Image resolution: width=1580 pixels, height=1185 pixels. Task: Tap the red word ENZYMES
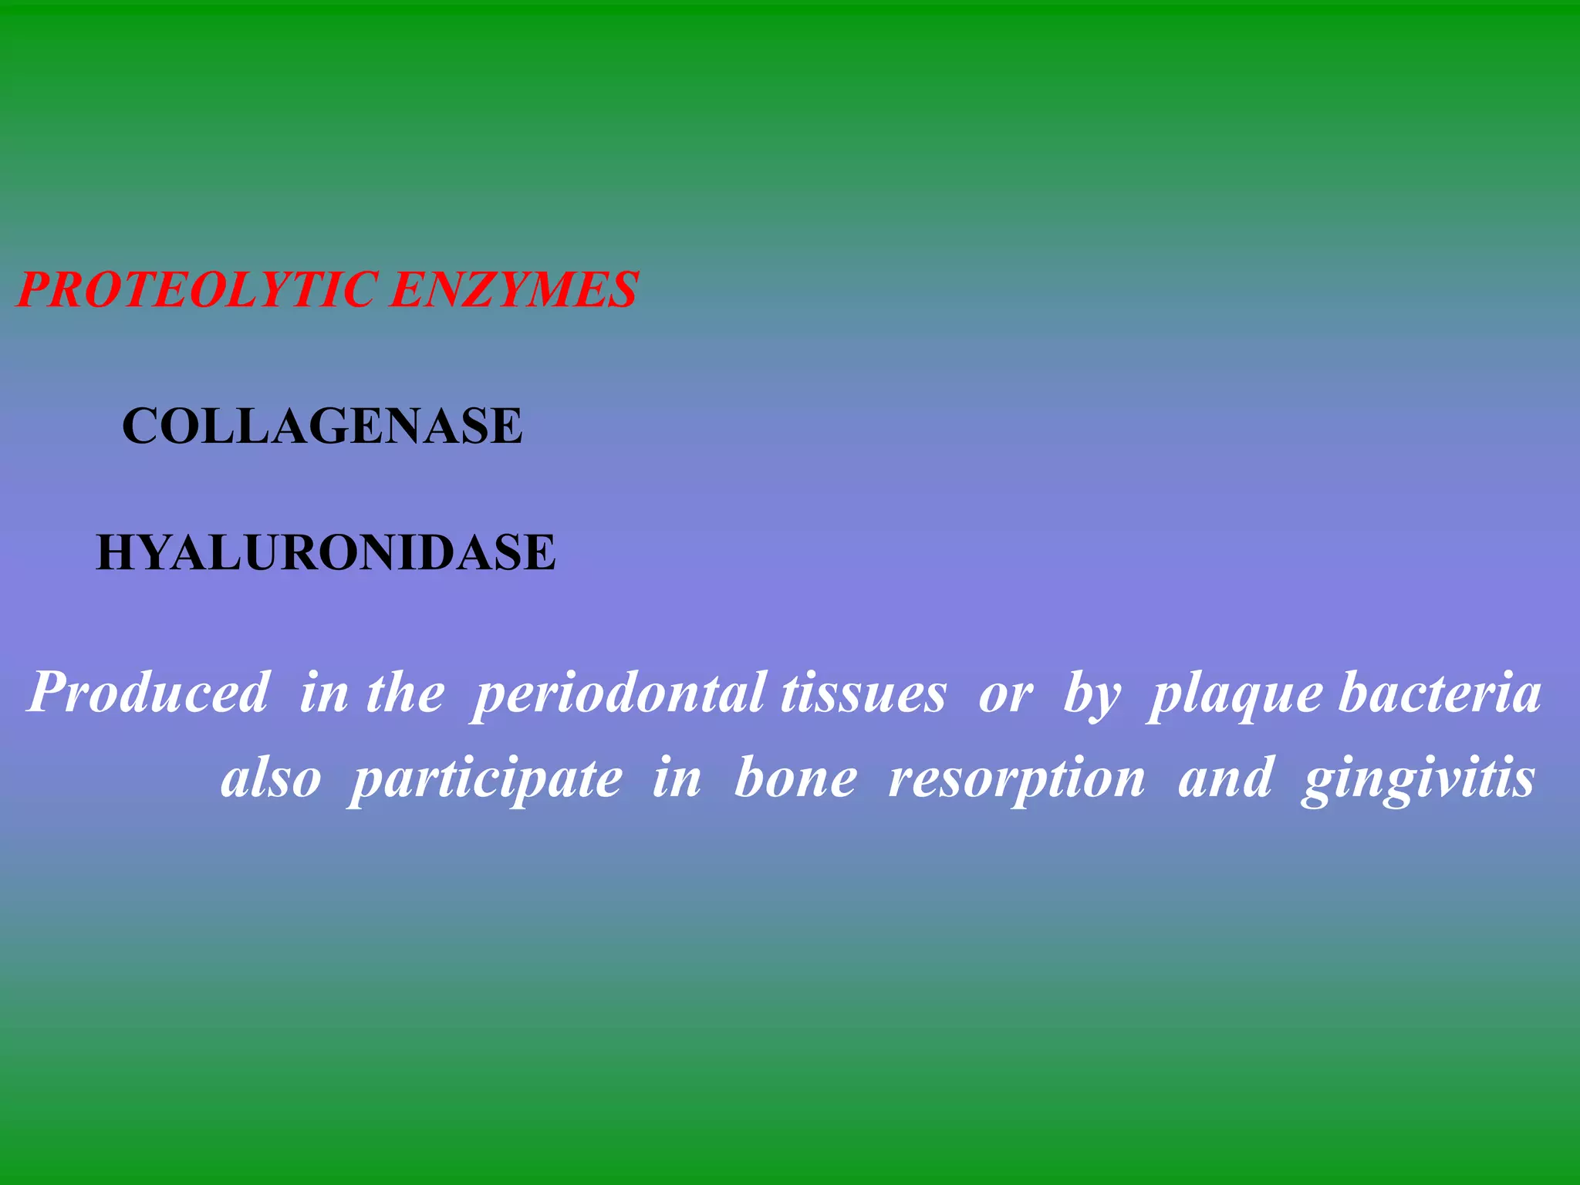click(x=513, y=290)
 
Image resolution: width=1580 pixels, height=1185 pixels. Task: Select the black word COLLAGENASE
click(x=322, y=426)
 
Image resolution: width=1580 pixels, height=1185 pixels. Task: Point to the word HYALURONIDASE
click(x=326, y=552)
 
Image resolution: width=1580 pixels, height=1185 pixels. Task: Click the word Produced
click(x=149, y=692)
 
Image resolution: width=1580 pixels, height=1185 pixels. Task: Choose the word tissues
click(x=863, y=694)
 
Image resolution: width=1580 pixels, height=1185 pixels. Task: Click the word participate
click(x=486, y=779)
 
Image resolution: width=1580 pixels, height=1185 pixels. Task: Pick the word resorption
click(x=1017, y=779)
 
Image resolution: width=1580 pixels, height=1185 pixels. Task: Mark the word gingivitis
click(x=1418, y=779)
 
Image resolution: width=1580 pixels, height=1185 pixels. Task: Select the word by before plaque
click(x=1092, y=694)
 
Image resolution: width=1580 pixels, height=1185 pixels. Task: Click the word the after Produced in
click(x=405, y=692)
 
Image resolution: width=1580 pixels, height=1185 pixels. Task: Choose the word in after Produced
click(x=323, y=692)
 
